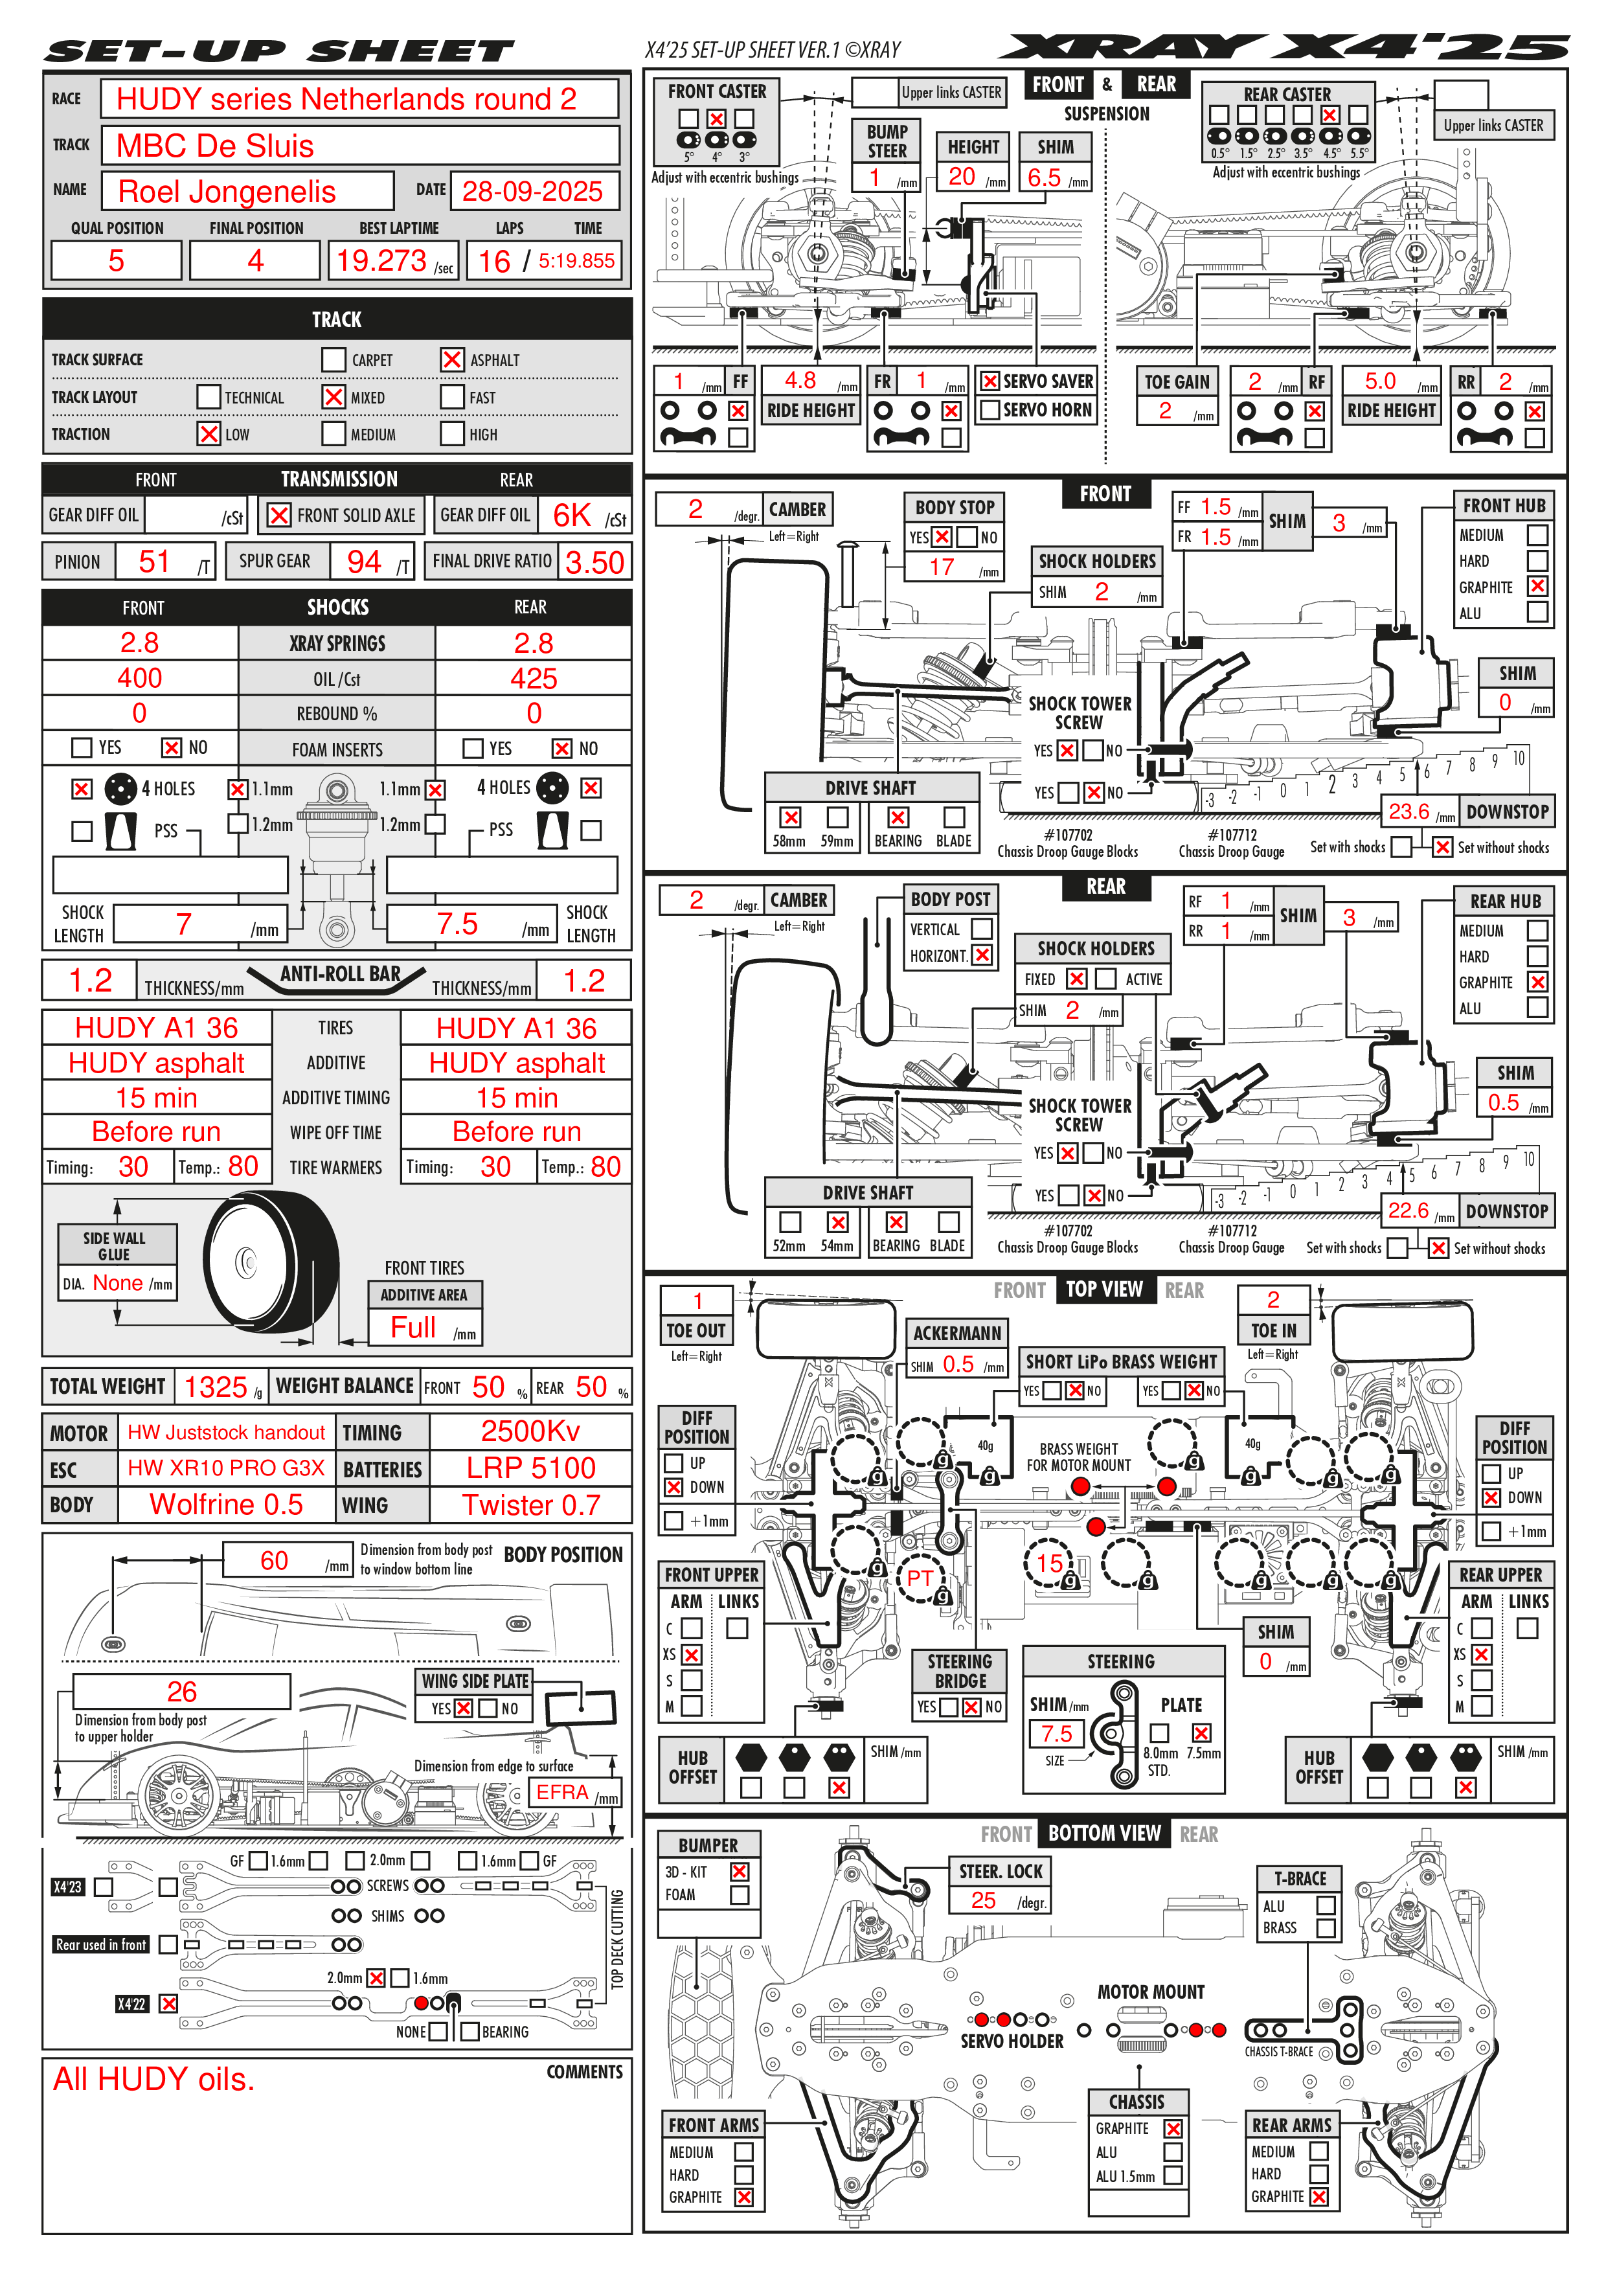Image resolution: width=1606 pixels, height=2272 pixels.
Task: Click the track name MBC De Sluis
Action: click(x=215, y=146)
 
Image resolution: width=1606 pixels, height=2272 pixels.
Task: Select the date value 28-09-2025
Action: click(x=532, y=191)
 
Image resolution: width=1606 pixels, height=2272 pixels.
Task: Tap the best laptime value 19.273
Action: click(x=381, y=260)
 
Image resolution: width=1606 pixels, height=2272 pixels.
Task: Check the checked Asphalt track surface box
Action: click(x=452, y=359)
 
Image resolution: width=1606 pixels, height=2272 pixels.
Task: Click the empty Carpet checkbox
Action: click(x=334, y=359)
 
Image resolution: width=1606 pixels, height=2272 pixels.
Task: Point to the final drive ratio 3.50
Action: click(x=594, y=562)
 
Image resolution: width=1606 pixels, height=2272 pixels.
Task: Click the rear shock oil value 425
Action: click(x=534, y=678)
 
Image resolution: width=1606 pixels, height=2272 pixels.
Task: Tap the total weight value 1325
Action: click(x=215, y=1387)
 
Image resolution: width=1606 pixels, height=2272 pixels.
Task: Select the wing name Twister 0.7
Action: click(x=532, y=1505)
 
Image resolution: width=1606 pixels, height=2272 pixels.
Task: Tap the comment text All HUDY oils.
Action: click(x=153, y=2079)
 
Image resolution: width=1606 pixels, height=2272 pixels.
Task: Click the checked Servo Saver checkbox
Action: click(x=990, y=381)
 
